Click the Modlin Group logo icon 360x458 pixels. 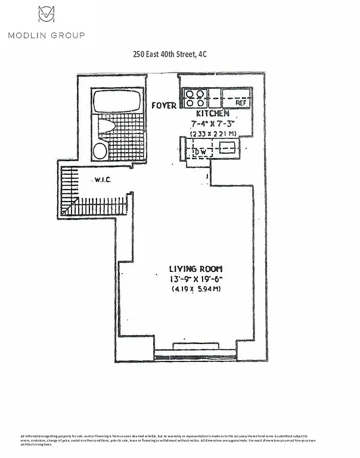(x=46, y=15)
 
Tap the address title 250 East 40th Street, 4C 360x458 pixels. (x=170, y=54)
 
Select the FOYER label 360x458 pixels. (x=164, y=106)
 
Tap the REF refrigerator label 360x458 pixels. (x=241, y=103)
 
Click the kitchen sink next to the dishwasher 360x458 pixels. (x=227, y=147)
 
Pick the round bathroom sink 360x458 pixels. (x=100, y=150)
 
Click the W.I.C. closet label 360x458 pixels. (x=103, y=180)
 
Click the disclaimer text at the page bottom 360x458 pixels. (x=179, y=440)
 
